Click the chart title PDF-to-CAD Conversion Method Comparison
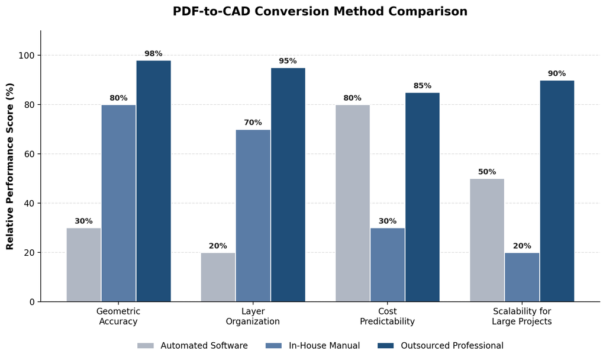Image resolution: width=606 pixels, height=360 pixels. [320, 11]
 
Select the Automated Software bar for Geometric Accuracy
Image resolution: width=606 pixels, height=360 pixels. [83, 265]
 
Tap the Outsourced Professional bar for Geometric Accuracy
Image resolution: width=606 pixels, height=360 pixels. [153, 181]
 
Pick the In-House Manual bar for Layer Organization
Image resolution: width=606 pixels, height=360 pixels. [253, 216]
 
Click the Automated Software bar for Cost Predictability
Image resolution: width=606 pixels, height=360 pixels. [353, 204]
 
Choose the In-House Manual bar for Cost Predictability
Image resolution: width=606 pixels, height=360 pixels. [387, 265]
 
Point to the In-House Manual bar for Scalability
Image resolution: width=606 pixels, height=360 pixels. [522, 277]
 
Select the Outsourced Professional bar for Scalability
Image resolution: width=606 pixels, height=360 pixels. [557, 191]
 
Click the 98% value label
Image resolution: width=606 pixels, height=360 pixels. [153, 54]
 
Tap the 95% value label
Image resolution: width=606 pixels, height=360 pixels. [288, 61]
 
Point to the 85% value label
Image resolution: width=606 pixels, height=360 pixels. [423, 86]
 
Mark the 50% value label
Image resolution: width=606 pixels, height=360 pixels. [487, 172]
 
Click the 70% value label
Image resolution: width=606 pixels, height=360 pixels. [253, 123]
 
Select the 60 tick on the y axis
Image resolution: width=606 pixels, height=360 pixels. [30, 155]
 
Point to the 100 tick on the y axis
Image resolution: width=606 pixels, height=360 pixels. [27, 56]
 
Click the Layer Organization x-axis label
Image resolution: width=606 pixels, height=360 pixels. [253, 316]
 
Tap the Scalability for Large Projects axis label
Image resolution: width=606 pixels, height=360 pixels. [522, 316]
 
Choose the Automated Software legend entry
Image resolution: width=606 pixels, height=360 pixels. [192, 346]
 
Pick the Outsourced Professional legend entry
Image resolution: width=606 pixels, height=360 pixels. [440, 346]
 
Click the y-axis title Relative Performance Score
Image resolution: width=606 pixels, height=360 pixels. [9, 166]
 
